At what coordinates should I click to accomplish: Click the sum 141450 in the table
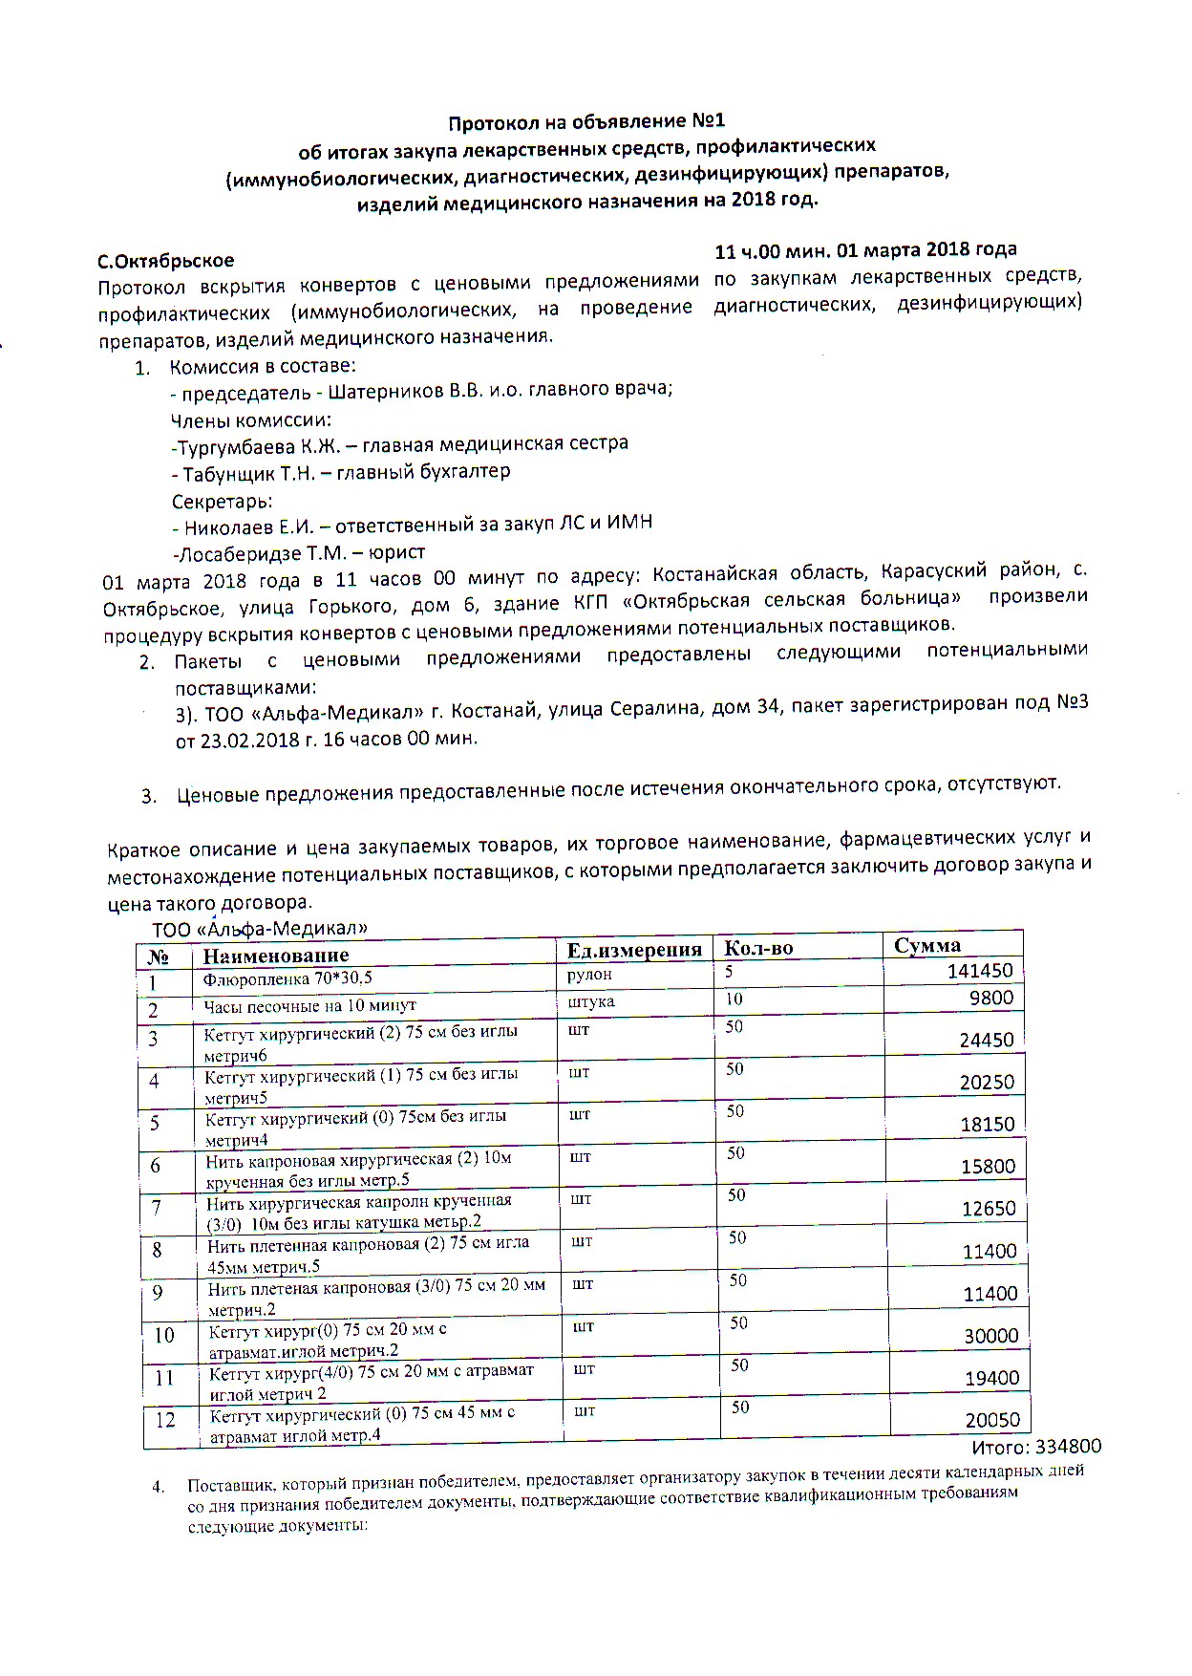(x=980, y=971)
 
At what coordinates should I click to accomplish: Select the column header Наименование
(x=276, y=956)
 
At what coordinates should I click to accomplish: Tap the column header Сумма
(x=927, y=946)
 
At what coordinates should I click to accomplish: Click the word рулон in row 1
(x=589, y=975)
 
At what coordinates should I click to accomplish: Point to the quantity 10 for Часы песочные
(x=734, y=999)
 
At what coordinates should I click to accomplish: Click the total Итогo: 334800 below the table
(x=1036, y=1447)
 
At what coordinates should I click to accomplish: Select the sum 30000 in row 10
(x=991, y=1336)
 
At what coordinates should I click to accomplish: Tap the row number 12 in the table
(x=165, y=1420)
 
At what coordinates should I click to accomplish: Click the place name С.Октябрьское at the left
(x=166, y=261)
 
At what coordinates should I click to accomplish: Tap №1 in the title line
(x=708, y=121)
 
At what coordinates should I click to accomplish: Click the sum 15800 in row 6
(x=988, y=1167)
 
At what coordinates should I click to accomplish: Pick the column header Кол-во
(x=758, y=949)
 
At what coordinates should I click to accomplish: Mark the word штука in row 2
(x=591, y=1001)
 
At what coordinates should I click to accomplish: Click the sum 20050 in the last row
(x=992, y=1421)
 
